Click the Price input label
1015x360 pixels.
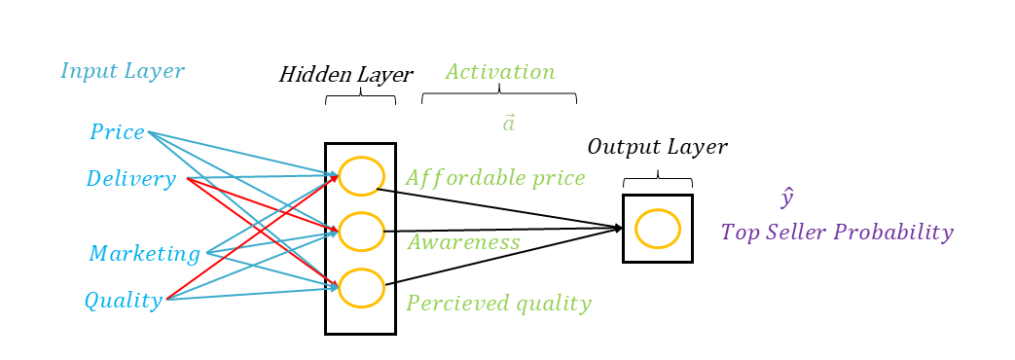click(117, 132)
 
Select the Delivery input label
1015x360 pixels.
click(130, 179)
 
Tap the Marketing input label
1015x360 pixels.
click(144, 254)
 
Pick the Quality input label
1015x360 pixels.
click(123, 301)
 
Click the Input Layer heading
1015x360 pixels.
click(122, 71)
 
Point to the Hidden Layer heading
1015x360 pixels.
click(345, 75)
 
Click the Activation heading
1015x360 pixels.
click(500, 72)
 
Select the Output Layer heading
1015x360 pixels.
click(657, 147)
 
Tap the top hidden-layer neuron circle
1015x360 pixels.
click(361, 175)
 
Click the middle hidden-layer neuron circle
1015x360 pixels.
click(361, 232)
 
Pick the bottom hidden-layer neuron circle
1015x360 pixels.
click(361, 287)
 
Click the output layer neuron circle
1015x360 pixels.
click(657, 229)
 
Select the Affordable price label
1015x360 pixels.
click(495, 178)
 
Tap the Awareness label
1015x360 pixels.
click(463, 242)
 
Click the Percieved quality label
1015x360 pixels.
click(498, 304)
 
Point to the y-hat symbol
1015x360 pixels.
click(787, 198)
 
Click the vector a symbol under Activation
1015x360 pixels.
click(508, 124)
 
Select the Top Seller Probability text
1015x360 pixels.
click(836, 233)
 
